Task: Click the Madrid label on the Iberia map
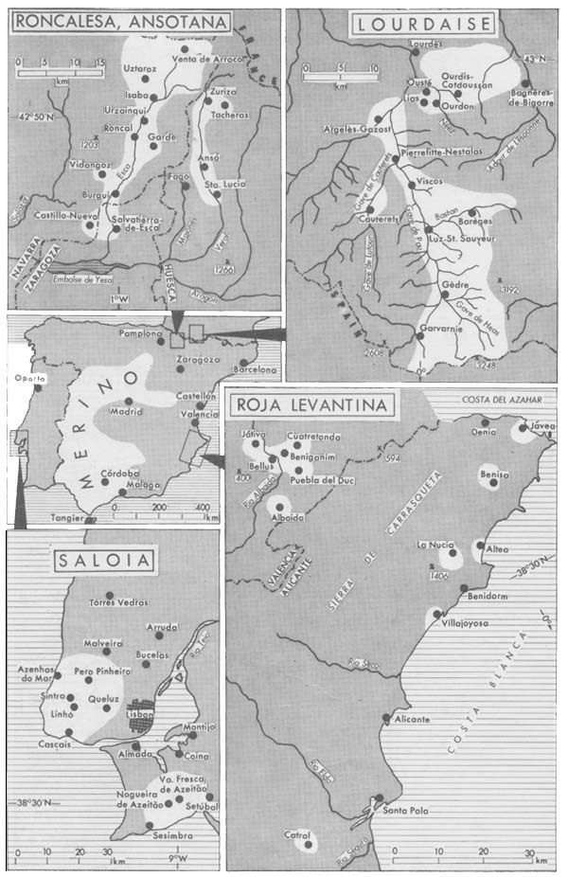(127, 414)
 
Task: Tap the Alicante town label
(408, 720)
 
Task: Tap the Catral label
(299, 834)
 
